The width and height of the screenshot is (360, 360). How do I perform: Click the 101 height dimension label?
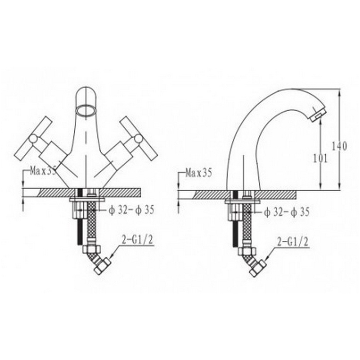[x=319, y=158]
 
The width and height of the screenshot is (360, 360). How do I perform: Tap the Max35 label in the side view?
[x=198, y=172]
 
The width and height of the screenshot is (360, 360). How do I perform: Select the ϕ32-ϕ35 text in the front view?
[x=131, y=210]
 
